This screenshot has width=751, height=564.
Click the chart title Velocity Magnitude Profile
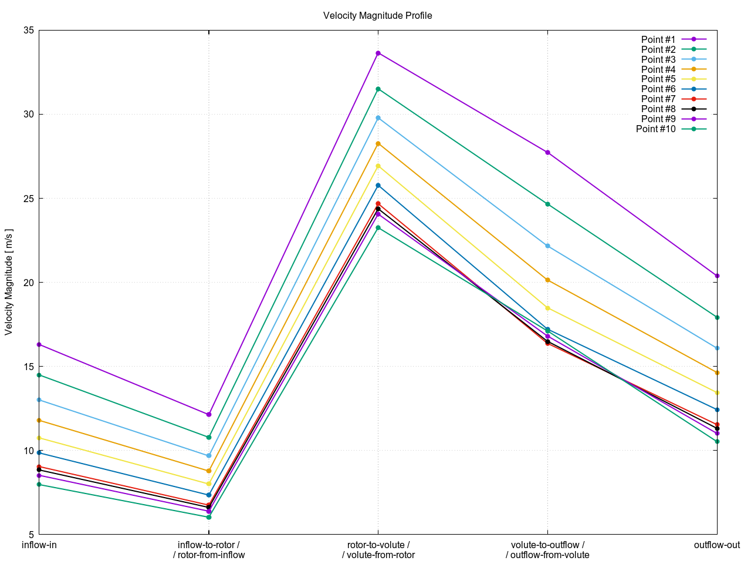[377, 15]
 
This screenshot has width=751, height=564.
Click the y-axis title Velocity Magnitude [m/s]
[8, 282]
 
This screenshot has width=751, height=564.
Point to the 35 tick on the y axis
[28, 30]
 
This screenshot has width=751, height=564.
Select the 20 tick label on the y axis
[28, 283]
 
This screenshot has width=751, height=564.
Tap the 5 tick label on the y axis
[30, 535]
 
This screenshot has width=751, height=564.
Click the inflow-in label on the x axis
[39, 545]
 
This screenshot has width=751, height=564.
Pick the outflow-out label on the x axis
[716, 545]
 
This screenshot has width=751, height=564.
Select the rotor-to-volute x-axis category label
[378, 550]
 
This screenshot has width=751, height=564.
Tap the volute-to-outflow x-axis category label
[547, 550]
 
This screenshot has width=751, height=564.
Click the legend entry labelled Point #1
[658, 39]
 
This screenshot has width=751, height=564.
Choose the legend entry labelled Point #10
[656, 129]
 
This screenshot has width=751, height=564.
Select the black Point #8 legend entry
[658, 109]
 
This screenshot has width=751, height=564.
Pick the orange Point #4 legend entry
[658, 69]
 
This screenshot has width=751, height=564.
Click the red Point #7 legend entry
[658, 99]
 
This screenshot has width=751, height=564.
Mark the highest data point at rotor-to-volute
[378, 53]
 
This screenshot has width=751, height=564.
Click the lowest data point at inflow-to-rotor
[209, 517]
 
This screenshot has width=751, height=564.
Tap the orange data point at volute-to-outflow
[548, 280]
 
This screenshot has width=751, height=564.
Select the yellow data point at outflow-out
[717, 392]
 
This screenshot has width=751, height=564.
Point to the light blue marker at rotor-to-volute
[378, 118]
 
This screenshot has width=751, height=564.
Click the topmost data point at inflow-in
[39, 344]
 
